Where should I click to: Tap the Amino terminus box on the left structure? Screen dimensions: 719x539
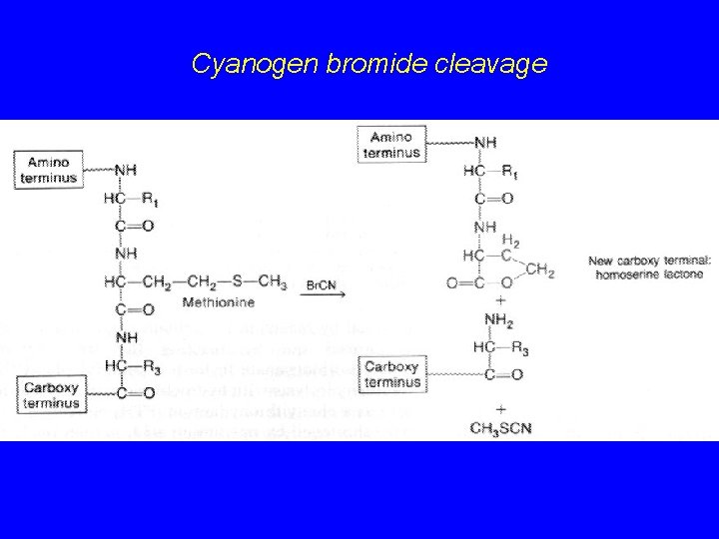coord(48,169)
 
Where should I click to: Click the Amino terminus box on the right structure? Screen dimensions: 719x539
coord(391,145)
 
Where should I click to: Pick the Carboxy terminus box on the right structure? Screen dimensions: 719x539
coord(392,374)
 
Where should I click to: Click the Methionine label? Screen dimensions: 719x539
coord(219,301)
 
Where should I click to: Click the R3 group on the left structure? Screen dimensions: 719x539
coord(151,368)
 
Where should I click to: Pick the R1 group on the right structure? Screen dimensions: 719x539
coord(509,173)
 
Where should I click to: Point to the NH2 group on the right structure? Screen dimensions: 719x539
coord(498,320)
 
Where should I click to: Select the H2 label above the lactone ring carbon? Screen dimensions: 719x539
coord(510,242)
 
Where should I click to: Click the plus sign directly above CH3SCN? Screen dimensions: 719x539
coord(499,409)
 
